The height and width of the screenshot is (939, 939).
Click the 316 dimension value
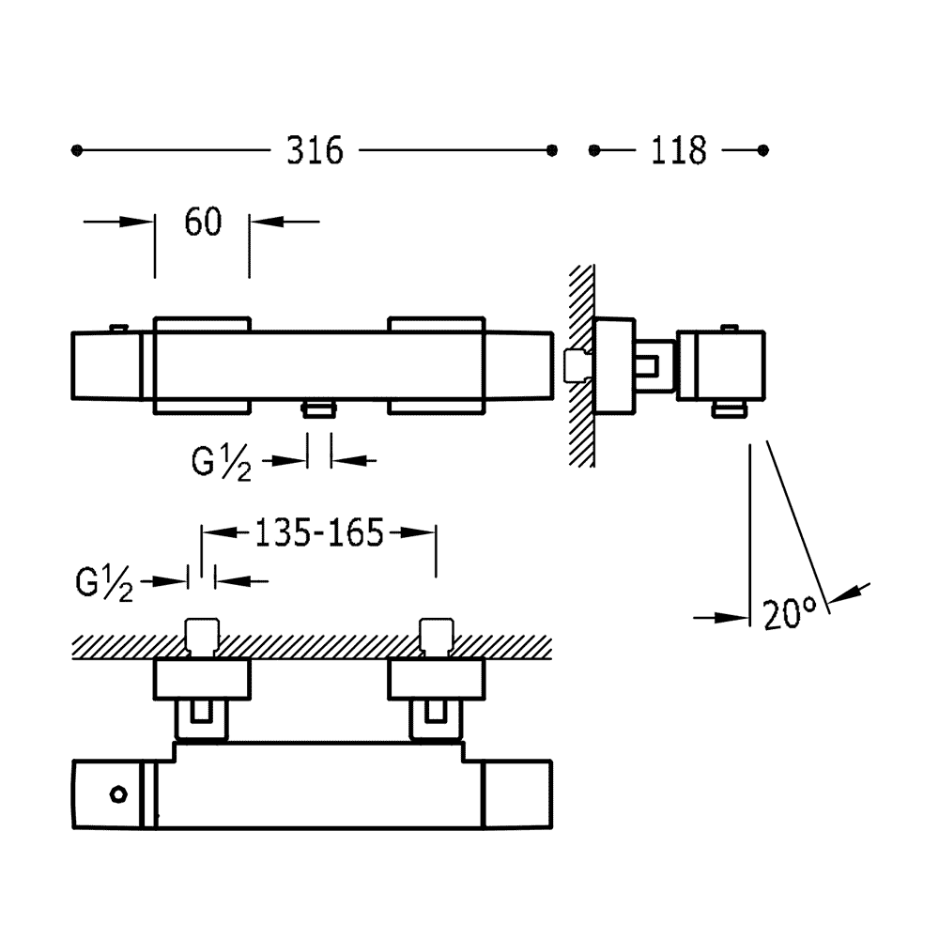pos(315,150)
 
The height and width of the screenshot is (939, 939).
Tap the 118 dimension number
pos(679,150)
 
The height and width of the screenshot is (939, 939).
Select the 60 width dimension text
pos(203,222)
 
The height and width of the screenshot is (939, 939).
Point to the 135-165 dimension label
pos(319,532)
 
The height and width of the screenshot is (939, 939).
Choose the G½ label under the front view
pos(222,464)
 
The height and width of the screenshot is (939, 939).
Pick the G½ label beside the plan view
pos(104,583)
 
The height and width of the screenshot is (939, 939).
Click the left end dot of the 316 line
pos(77,150)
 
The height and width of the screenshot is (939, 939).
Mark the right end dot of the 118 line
pos(762,150)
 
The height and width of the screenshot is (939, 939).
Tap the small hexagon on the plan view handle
pos(118,794)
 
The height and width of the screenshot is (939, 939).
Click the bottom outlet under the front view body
pos(320,409)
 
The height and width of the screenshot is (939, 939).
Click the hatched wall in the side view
pos(581,365)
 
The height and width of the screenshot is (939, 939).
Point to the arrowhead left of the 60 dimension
pos(136,222)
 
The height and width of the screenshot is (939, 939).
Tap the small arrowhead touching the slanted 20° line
pos(847,593)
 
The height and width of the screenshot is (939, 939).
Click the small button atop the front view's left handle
pos(118,328)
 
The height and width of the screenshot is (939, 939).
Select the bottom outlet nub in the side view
pos(730,409)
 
